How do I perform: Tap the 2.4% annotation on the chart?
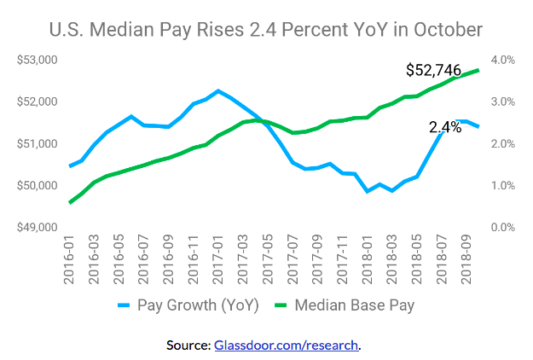pyautogui.click(x=444, y=127)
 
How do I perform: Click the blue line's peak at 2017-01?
pyautogui.click(x=218, y=90)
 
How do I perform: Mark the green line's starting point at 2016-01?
pyautogui.click(x=70, y=202)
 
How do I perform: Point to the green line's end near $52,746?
pyautogui.click(x=478, y=70)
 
